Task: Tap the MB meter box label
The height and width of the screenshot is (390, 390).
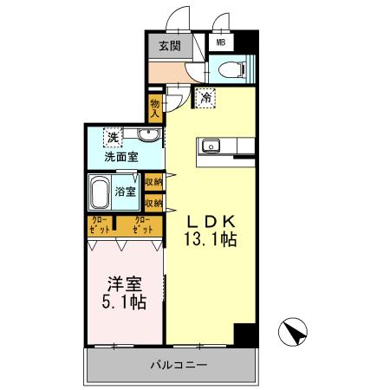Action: point(220,41)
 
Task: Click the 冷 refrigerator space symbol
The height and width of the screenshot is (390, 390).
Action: point(205,98)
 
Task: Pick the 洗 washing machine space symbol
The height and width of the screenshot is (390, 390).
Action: point(113,137)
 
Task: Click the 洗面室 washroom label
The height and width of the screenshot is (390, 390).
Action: point(120,158)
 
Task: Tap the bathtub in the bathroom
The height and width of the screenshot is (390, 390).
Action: point(100,192)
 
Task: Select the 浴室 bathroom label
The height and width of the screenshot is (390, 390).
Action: point(126,192)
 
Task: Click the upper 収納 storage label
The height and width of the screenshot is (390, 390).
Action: point(154,182)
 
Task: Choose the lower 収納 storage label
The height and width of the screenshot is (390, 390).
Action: point(154,203)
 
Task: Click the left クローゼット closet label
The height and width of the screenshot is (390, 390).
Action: point(101,225)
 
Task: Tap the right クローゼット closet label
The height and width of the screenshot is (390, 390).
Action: point(144,225)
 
